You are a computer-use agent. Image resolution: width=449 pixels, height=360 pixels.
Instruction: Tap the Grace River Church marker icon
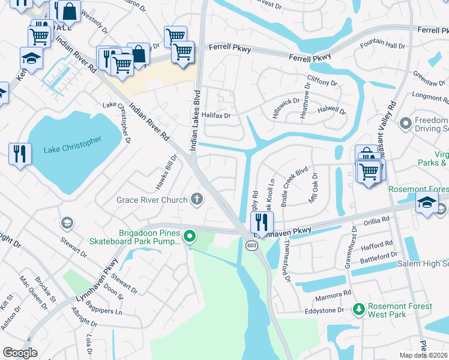196,199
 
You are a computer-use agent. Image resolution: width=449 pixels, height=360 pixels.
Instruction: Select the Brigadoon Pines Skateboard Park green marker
190,236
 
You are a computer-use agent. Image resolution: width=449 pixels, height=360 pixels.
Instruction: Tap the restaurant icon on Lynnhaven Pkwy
262,223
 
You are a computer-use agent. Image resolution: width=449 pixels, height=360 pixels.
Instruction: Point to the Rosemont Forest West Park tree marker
358,310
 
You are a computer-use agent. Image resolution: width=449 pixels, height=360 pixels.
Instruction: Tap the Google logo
20,352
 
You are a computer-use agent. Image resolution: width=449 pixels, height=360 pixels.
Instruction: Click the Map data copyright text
424,355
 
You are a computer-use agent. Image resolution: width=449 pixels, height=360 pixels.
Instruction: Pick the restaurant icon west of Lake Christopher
20,154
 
